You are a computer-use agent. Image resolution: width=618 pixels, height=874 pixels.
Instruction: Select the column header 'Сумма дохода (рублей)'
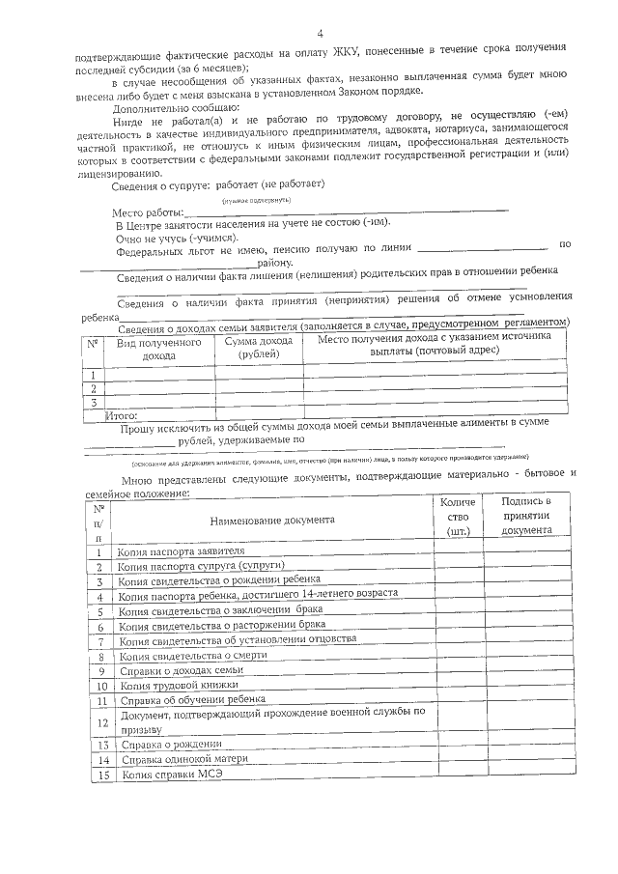(x=258, y=348)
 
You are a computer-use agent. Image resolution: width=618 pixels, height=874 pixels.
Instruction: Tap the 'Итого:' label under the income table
(x=122, y=414)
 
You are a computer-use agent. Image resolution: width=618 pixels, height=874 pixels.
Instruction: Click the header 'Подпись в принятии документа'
(x=526, y=516)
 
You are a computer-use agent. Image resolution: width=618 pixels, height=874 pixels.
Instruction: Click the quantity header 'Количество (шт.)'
(x=458, y=516)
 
